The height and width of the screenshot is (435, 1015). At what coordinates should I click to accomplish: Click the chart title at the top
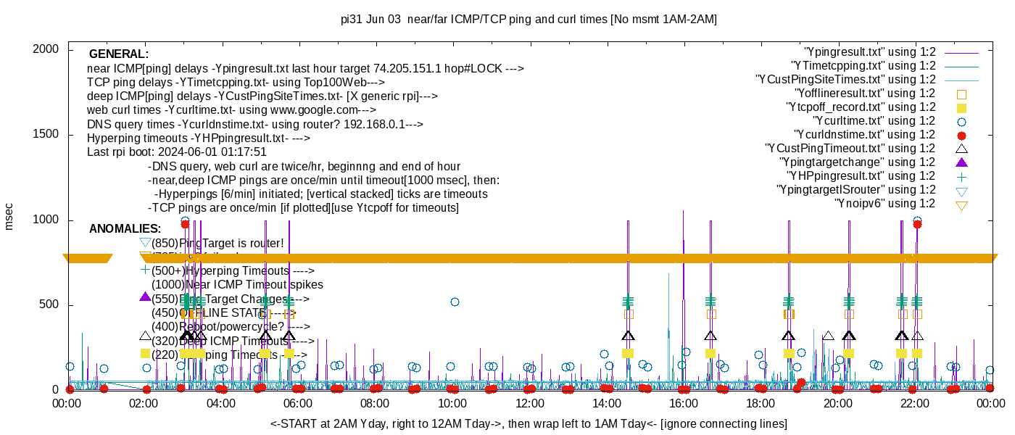pyautogui.click(x=529, y=20)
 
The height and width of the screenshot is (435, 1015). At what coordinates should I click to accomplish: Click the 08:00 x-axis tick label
pyautogui.click(x=375, y=403)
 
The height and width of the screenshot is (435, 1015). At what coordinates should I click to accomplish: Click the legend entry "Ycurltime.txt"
pyautogui.click(x=874, y=121)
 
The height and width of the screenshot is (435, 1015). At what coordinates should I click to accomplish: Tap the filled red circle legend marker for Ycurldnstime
pyautogui.click(x=961, y=135)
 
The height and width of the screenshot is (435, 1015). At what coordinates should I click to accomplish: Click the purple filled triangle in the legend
pyautogui.click(x=961, y=162)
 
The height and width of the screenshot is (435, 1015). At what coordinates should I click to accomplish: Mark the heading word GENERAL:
pyautogui.click(x=119, y=54)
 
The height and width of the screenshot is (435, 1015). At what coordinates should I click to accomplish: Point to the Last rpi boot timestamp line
pyautogui.click(x=177, y=152)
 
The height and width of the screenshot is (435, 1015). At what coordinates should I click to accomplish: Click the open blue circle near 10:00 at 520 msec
pyautogui.click(x=455, y=302)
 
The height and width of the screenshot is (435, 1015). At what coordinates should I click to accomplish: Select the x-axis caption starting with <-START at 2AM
pyautogui.click(x=529, y=423)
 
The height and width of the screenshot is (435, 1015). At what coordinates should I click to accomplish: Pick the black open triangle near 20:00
pyautogui.click(x=828, y=336)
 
